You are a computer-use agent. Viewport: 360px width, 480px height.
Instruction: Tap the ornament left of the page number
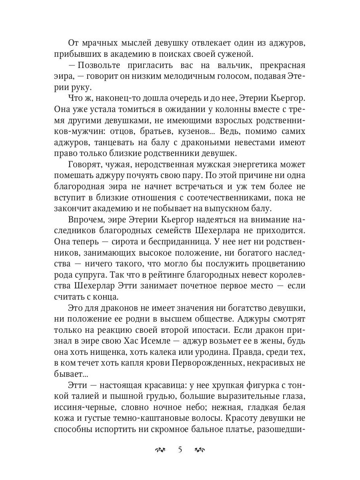(x=160, y=450)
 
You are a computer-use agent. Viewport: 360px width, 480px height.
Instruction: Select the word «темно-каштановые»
(x=154, y=418)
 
